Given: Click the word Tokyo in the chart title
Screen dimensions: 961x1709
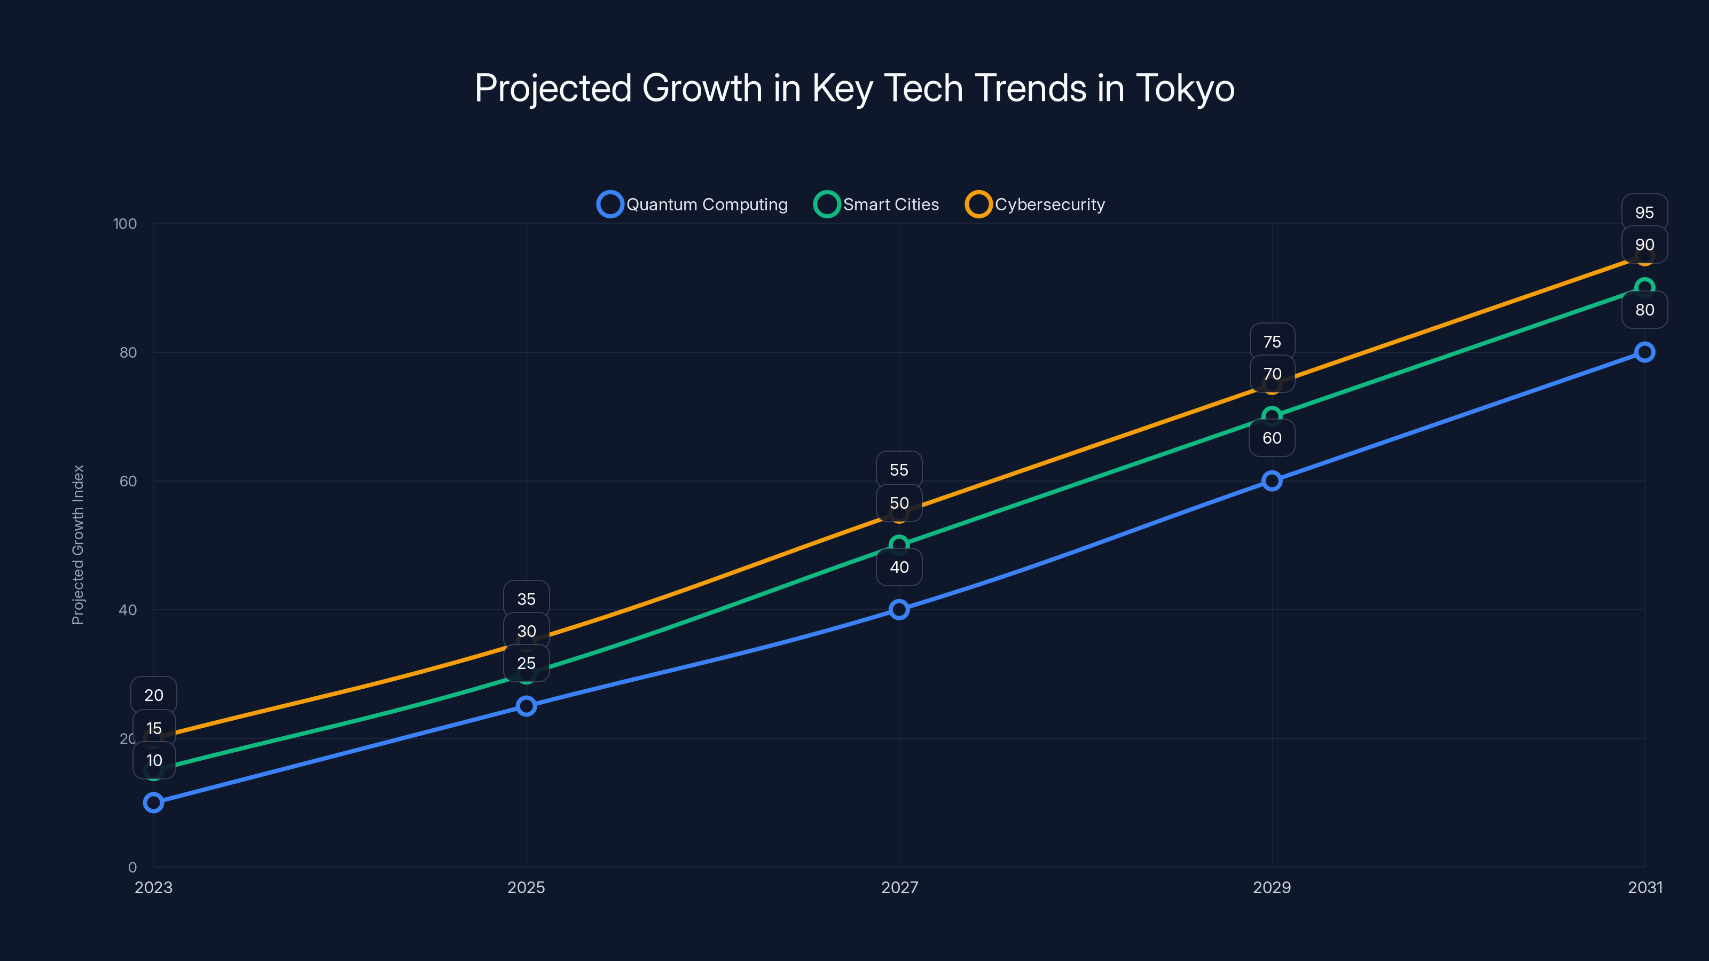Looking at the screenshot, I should (1185, 88).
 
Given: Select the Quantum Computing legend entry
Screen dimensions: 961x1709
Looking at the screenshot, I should (693, 204).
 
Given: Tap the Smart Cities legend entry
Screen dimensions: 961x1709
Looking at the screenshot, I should (876, 204).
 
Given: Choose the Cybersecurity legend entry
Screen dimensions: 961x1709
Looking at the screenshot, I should (1035, 204).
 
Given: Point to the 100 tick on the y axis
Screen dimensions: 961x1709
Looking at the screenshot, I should (125, 224).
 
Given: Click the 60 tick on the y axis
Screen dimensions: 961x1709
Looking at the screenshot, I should (128, 481).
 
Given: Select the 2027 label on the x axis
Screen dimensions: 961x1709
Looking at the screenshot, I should (899, 887).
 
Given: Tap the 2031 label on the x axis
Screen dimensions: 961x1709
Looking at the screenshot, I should (1645, 887).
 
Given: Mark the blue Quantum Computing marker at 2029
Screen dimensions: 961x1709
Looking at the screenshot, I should (1272, 481).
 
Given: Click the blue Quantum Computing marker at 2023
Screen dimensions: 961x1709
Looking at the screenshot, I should (153, 802).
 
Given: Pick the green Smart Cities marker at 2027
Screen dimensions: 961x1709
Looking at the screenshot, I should (899, 545).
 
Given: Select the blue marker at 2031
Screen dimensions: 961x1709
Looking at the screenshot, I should (1645, 352).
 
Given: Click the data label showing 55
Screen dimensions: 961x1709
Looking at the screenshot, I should (899, 470).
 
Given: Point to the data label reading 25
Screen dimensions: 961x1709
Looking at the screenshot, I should (526, 663).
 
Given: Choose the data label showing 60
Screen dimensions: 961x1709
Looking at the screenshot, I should (1272, 438).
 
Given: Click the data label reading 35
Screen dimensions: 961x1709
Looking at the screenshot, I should (526, 599).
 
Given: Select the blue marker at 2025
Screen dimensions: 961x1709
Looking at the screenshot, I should (526, 706).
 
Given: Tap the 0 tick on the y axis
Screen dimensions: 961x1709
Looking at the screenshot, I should (132, 867).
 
